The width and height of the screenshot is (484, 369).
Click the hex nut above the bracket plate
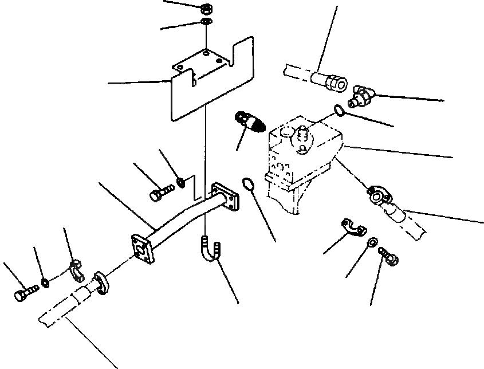(204, 9)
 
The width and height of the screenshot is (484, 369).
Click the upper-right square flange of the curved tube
(224, 197)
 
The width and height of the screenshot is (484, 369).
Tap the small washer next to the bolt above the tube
(181, 182)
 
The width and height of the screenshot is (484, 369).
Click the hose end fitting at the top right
(332, 81)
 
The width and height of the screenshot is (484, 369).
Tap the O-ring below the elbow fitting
(339, 111)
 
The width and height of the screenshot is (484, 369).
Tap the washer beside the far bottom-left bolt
(45, 282)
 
